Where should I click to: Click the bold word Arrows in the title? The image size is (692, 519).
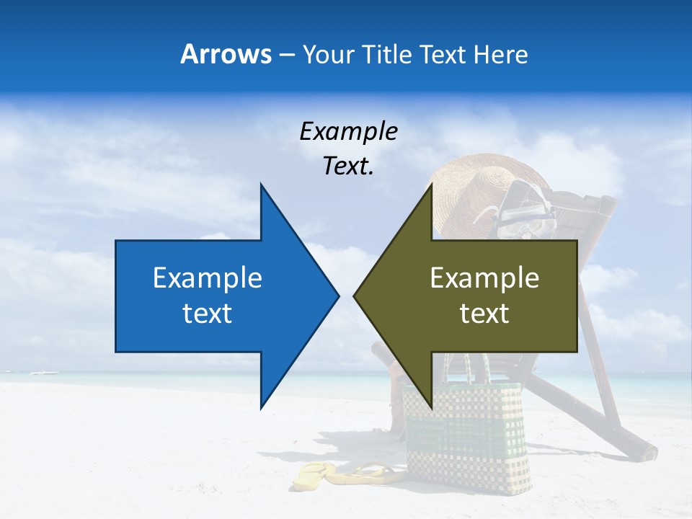(226, 54)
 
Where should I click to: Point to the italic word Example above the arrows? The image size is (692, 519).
(348, 132)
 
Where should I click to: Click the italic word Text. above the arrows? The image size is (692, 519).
(348, 167)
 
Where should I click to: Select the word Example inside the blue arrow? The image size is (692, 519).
(208, 278)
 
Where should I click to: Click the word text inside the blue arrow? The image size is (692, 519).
(208, 314)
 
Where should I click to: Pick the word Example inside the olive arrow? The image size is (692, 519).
(484, 278)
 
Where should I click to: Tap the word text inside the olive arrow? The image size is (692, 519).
(484, 314)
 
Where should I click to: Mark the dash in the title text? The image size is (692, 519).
(286, 56)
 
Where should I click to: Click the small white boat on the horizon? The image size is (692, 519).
(43, 372)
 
